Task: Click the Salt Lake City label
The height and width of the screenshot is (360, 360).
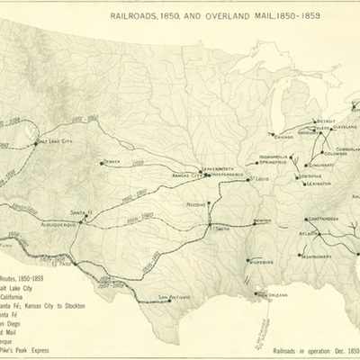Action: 55,141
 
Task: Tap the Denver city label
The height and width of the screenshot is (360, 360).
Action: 112,162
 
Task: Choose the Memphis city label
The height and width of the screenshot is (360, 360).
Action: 262,220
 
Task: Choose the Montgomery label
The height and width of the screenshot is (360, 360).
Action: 317,256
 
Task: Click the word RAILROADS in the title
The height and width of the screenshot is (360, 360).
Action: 138,15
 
